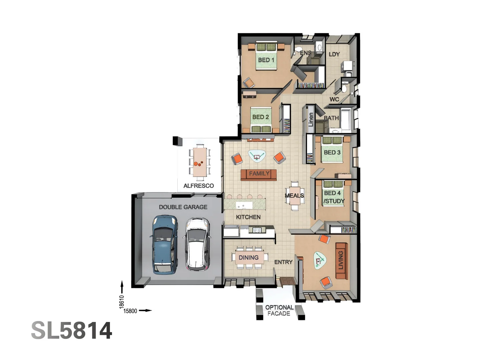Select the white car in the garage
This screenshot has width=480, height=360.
coord(197,244)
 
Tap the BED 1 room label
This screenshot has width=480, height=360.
coord(266,60)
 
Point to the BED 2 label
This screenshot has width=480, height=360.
coord(260,117)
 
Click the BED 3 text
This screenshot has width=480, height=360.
coord(332,152)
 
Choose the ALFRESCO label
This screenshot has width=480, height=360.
coord(199,186)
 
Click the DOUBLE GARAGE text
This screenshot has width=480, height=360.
coord(183,207)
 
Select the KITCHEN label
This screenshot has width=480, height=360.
coord(248,217)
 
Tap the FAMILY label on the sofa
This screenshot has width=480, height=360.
coord(259,174)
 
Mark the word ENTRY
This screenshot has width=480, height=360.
coord(283,262)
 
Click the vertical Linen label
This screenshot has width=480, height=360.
coord(311,119)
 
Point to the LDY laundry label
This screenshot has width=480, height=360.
coord(334,54)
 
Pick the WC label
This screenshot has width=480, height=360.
coord(334,99)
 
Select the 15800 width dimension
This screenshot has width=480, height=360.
coord(130,311)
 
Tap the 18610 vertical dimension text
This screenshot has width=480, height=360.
coord(122,302)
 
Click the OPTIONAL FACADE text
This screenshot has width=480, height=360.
coord(279,310)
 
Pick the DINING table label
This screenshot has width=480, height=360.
coord(248,257)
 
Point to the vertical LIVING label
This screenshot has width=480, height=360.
coord(341,260)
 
